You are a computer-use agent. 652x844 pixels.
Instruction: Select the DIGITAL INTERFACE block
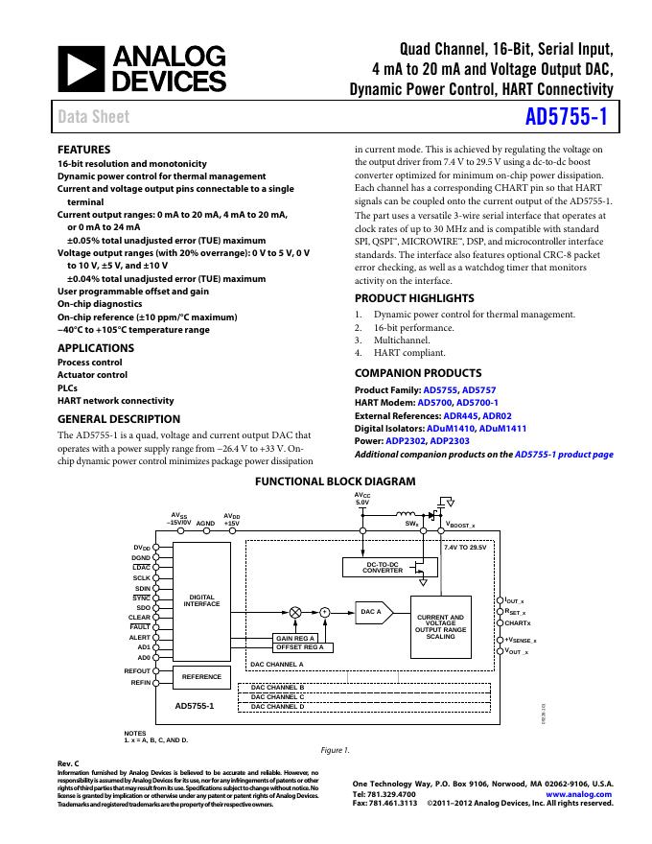coord(201,601)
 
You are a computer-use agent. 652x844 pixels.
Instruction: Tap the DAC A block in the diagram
coord(372,611)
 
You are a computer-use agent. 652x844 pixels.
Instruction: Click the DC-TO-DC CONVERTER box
coord(383,568)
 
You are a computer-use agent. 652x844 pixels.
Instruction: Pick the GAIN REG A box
coord(295,638)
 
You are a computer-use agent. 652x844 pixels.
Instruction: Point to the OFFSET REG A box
coord(300,647)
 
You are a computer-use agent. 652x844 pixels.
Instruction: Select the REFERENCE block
coord(201,677)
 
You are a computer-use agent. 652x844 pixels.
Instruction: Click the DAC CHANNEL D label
coord(277,707)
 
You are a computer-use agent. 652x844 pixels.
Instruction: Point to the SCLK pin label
coord(142,578)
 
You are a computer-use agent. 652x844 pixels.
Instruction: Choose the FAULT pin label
coord(141,627)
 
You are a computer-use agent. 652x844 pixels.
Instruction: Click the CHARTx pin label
coord(518,623)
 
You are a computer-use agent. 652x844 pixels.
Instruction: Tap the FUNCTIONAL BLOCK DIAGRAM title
coord(335,481)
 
